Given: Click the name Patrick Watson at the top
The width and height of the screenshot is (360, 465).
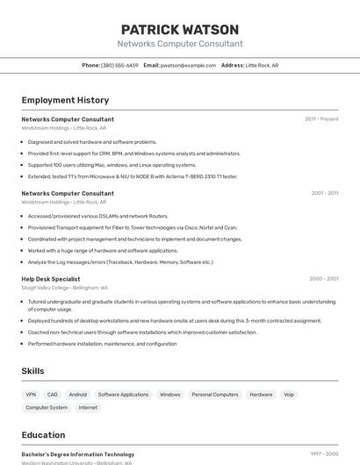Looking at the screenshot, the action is (x=180, y=29).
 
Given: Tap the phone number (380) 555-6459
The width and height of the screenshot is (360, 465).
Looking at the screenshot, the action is (x=119, y=65).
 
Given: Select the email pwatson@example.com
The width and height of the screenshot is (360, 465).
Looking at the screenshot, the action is (x=188, y=65).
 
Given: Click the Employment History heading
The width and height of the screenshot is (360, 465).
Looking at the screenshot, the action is (x=65, y=100).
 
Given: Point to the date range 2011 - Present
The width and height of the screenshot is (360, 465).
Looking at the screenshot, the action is (x=321, y=118).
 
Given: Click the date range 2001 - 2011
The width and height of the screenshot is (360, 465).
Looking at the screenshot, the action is (x=324, y=193).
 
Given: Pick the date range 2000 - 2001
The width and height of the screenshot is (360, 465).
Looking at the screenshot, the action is (x=323, y=279).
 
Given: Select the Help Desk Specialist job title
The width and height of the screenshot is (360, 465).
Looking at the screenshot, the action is (x=51, y=279).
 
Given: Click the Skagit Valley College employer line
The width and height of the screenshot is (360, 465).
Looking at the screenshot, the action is (x=64, y=288).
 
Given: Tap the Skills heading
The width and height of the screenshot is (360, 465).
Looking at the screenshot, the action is (x=32, y=371).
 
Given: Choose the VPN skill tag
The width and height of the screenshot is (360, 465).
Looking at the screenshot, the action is (x=31, y=395).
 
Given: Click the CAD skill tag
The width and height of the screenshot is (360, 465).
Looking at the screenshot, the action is (x=53, y=395).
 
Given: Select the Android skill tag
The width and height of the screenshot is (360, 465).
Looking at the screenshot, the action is (x=77, y=395).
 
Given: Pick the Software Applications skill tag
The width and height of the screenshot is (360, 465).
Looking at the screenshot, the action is (x=123, y=395).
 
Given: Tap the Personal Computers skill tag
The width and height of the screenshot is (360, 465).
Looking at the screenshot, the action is (x=214, y=395).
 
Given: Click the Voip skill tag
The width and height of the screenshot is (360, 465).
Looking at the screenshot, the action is (x=289, y=395).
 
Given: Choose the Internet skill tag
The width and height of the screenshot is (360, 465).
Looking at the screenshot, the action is (x=88, y=407).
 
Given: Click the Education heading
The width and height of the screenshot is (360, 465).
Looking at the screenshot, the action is (x=43, y=434).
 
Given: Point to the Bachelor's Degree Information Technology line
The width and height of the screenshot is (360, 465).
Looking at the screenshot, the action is (x=77, y=454).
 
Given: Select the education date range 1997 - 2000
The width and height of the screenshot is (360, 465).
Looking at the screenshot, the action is (x=324, y=454).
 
